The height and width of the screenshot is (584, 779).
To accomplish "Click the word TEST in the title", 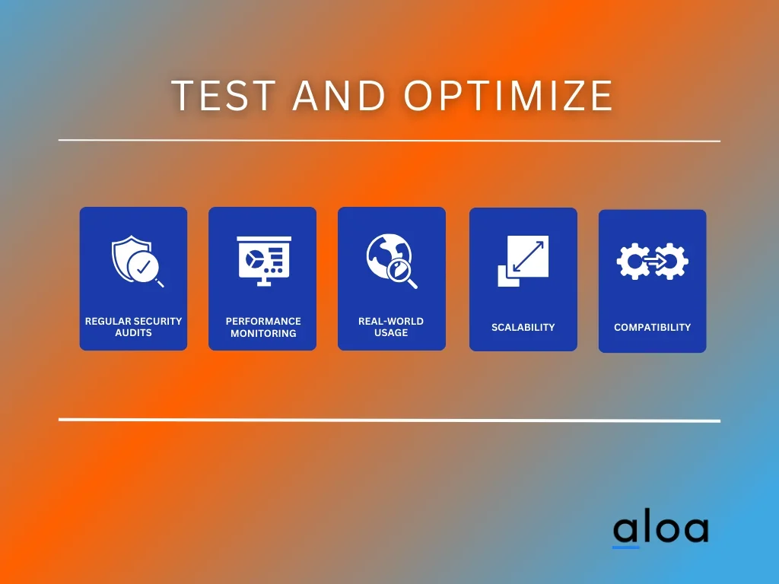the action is click(x=224, y=95).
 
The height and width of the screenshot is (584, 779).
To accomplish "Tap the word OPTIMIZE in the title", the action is click(x=509, y=95).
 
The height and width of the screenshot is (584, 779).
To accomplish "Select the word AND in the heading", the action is click(x=339, y=95).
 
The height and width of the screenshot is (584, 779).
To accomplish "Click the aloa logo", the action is click(x=661, y=529).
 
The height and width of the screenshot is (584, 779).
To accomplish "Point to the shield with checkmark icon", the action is click(x=137, y=261).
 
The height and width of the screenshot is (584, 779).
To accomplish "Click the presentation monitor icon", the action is click(x=264, y=261).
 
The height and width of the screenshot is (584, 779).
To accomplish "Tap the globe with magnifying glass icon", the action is click(x=392, y=261).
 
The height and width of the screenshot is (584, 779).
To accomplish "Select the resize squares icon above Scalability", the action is click(x=523, y=261).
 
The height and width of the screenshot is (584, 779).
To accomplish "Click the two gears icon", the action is click(x=652, y=261).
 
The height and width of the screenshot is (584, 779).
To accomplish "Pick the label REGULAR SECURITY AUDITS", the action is click(x=133, y=327).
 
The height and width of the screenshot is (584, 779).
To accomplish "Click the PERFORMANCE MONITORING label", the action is click(x=263, y=327).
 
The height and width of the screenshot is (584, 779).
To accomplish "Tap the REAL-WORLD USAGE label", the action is click(x=391, y=327).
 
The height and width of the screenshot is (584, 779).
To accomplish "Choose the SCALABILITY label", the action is click(x=523, y=327).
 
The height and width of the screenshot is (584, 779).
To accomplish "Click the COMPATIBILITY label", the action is click(x=652, y=327).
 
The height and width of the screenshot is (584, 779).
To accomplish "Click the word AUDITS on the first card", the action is click(x=133, y=333).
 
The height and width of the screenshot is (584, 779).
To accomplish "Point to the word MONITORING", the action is click(x=263, y=333).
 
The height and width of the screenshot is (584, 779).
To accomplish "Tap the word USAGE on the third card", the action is click(x=391, y=333).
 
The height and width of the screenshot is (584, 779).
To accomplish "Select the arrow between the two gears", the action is click(x=655, y=260).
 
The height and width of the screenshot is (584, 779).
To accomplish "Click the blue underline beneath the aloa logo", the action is click(x=625, y=547).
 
